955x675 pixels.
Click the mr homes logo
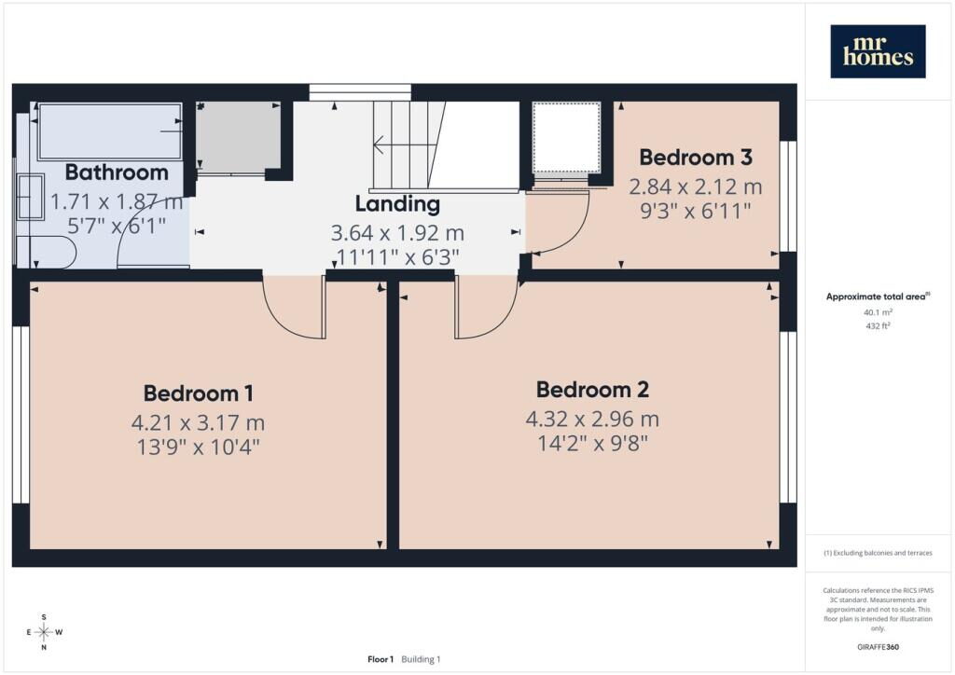point(878,51)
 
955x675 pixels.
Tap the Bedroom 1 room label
point(199,393)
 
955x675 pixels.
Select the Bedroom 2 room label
point(592,390)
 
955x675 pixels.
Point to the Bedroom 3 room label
point(696,158)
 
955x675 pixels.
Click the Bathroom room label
point(117,172)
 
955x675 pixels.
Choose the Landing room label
point(397,204)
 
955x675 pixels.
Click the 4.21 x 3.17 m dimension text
point(198,422)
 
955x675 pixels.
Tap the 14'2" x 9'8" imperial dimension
point(592,443)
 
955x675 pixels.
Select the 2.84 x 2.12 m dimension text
point(696,186)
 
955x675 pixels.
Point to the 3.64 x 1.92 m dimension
point(397,233)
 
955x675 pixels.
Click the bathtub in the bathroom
point(110,131)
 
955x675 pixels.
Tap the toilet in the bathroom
point(47,252)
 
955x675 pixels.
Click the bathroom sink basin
point(31,197)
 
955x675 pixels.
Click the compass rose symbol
point(44,632)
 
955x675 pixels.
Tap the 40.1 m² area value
point(878,312)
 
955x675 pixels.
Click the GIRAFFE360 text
point(878,647)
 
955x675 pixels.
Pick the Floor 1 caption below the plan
point(381,659)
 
